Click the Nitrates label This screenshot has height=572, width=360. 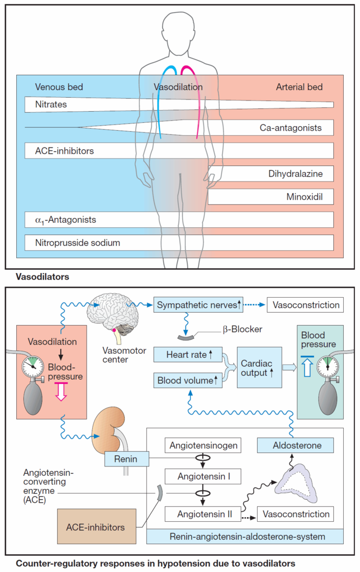51,104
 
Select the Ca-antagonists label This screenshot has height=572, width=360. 291,128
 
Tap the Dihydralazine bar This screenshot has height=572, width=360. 271,174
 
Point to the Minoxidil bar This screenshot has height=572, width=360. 271,197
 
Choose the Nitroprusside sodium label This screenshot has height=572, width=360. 77,243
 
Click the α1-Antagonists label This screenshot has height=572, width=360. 65,220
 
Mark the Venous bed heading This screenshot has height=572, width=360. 59,87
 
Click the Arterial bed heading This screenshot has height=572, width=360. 300,87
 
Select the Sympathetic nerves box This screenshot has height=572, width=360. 198,304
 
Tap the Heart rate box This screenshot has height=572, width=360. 188,355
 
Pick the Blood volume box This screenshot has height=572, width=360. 188,380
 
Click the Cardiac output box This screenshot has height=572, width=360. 259,368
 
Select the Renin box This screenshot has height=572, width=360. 127,459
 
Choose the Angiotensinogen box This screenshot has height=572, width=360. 203,445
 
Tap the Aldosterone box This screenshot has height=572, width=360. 295,445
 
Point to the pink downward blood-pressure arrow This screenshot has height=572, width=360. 61,392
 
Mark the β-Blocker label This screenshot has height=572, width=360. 243,329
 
